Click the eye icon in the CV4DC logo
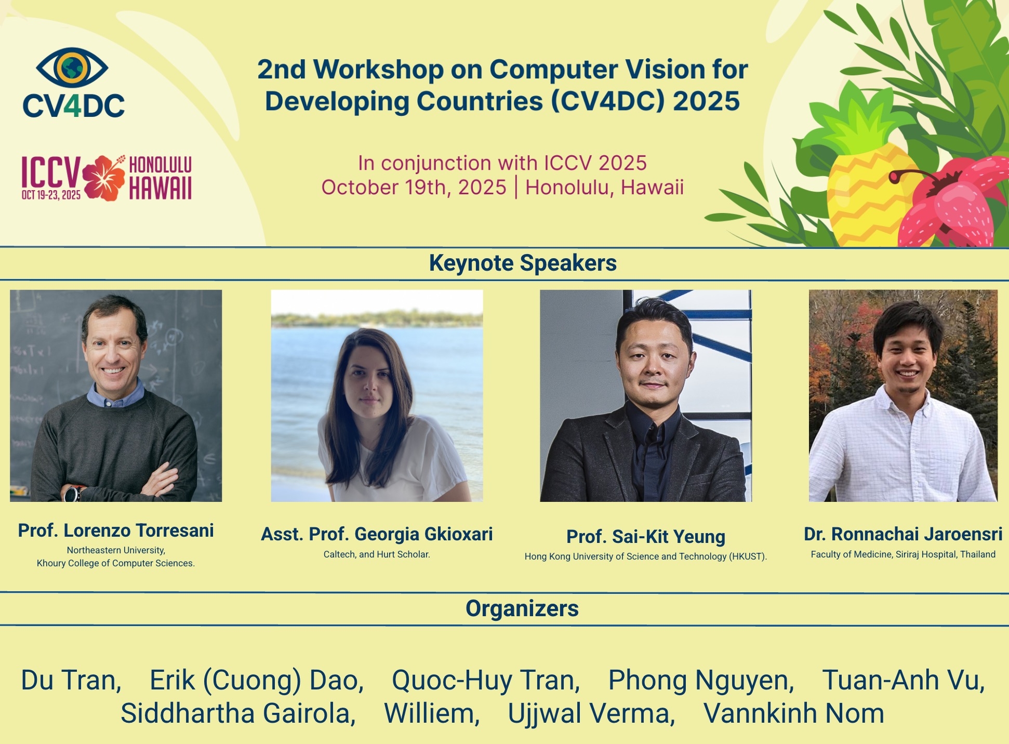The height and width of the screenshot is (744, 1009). click(x=72, y=68)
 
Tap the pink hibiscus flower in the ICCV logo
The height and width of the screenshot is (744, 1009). click(x=104, y=178)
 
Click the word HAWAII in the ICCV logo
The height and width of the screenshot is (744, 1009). click(x=161, y=188)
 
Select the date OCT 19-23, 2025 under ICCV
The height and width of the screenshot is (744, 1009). click(x=51, y=195)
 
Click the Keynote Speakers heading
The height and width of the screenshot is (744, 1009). click(x=523, y=263)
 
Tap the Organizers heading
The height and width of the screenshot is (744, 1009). click(x=522, y=608)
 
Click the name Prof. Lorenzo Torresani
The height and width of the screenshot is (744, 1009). click(x=116, y=530)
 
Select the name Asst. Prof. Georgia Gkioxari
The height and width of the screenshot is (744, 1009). click(x=377, y=534)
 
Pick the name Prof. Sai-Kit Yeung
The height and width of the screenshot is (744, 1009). click(x=646, y=537)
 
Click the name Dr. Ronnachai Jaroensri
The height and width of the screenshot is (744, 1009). click(x=903, y=534)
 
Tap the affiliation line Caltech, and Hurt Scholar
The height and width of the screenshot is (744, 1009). click(x=377, y=554)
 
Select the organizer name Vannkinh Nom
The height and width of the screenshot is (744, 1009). click(x=793, y=713)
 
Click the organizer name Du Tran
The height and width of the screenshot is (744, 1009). click(x=71, y=680)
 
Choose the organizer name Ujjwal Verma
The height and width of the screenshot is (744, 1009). click(x=591, y=714)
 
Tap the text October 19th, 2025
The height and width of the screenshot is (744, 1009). click(x=414, y=187)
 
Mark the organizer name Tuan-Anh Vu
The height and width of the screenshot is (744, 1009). click(x=904, y=680)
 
